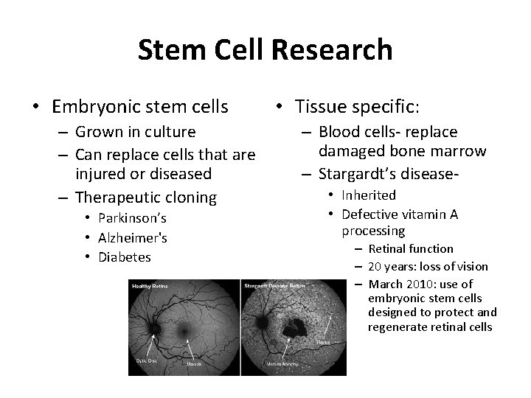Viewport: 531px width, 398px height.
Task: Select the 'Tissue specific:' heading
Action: (357, 108)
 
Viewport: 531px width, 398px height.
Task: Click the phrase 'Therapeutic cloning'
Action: (147, 197)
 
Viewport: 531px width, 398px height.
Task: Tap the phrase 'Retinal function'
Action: (411, 249)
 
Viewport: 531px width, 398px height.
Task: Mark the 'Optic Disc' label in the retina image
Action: (145, 360)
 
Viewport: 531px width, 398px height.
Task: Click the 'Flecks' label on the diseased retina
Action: (324, 342)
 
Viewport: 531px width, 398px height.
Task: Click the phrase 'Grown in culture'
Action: (136, 132)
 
